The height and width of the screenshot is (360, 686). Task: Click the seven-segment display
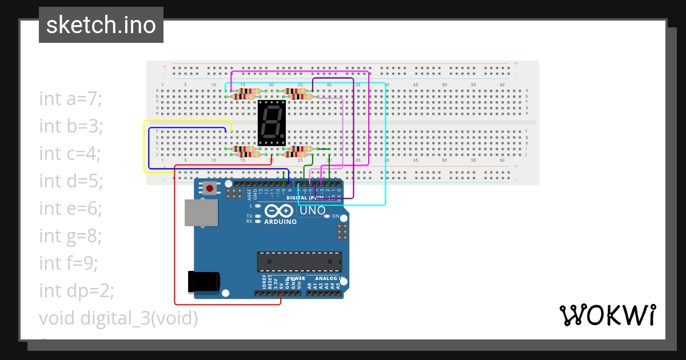(272, 123)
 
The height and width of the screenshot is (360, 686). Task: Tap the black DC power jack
(204, 281)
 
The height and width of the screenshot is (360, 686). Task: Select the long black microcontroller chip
(299, 261)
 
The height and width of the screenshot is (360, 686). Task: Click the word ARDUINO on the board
(280, 222)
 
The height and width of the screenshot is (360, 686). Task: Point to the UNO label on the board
(313, 210)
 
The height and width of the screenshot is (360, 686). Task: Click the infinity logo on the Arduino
(280, 210)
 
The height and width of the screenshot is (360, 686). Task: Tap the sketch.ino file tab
(101, 25)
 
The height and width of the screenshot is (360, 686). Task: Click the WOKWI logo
(607, 315)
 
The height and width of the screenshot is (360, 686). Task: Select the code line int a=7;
(70, 98)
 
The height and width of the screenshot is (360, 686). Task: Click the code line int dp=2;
(77, 290)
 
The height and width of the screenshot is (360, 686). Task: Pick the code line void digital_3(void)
(118, 318)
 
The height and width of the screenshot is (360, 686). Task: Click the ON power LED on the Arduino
(328, 216)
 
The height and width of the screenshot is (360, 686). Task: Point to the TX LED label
(249, 216)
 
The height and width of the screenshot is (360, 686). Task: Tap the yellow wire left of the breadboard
(143, 149)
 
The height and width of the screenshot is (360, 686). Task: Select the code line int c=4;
(70, 153)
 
